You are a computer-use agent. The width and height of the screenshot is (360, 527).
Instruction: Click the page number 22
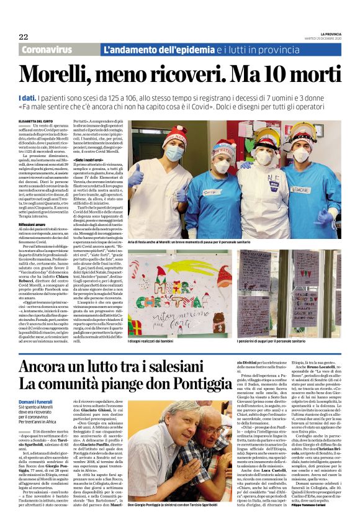24,37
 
